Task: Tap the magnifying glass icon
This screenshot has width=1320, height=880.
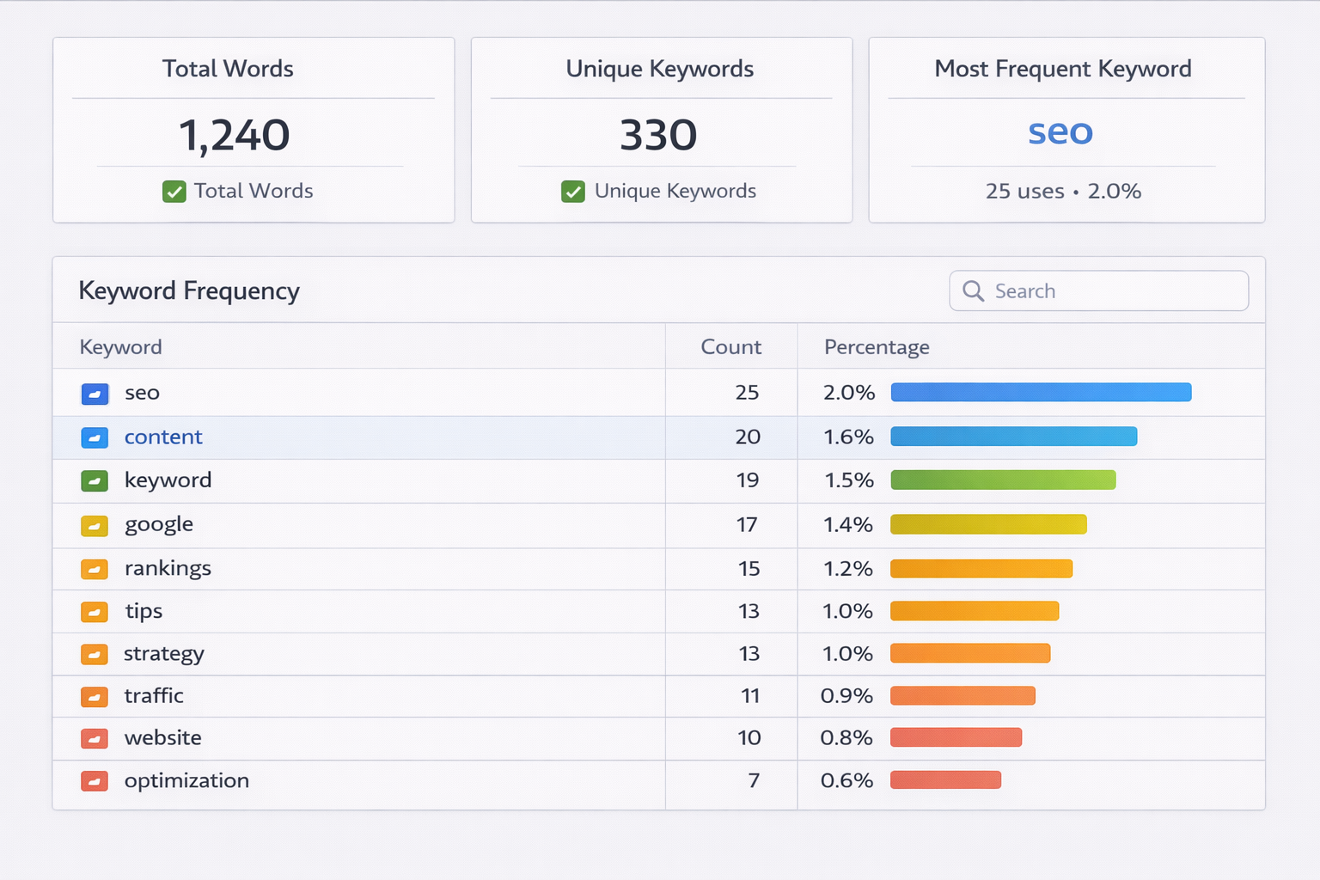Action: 973,291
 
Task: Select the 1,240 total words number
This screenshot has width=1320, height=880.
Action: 234,136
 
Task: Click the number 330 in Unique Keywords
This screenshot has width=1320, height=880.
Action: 658,136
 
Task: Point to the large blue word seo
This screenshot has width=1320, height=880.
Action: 1060,132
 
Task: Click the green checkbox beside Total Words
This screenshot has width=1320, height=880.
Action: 174,192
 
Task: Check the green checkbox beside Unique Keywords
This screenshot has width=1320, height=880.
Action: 573,192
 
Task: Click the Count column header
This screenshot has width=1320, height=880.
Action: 730,347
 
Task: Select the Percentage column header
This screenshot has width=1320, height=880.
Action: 877,347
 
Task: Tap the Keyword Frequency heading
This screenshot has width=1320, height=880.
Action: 189,291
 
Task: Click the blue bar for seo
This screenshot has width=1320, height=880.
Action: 1041,393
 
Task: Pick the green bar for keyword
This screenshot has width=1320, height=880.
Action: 1003,480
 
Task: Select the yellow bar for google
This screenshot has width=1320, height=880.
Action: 988,524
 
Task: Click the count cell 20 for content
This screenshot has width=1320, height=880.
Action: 748,437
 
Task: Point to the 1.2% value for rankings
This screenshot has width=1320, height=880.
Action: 848,569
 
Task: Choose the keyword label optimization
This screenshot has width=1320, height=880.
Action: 186,781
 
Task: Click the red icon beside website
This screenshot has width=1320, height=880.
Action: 95,738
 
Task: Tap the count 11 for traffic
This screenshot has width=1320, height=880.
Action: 750,696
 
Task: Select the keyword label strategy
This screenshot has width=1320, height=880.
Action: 164,654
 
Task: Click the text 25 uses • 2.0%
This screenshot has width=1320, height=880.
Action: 1063,192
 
